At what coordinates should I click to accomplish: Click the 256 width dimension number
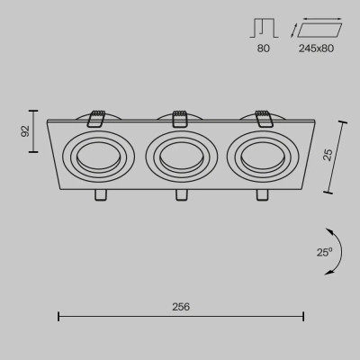tap(181, 307)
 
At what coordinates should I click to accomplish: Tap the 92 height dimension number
tap(26, 131)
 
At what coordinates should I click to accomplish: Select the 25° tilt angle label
tap(325, 252)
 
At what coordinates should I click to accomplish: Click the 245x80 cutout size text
tap(316, 49)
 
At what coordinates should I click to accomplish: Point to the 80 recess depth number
tap(264, 49)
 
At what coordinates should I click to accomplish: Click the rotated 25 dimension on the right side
tap(328, 155)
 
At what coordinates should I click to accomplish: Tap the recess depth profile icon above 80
tap(264, 29)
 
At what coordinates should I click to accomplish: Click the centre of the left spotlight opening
tap(98, 157)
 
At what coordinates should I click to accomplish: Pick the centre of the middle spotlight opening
tap(182, 157)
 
